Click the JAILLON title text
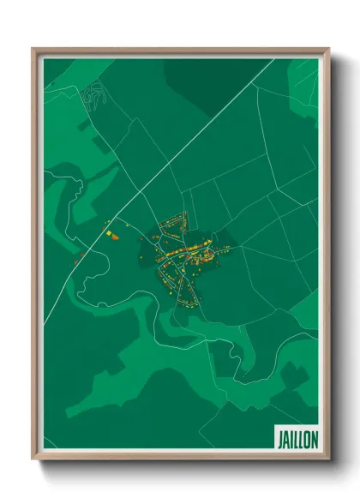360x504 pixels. [297, 438]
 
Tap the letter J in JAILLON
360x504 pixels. [280, 438]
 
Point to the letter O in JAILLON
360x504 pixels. [306, 438]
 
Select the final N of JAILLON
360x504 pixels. [314, 438]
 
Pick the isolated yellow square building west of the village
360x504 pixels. [109, 231]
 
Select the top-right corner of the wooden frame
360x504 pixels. [327, 50]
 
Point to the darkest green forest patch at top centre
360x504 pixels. [214, 77]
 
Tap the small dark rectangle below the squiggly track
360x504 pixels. [84, 127]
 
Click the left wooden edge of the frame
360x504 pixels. [35, 257]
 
